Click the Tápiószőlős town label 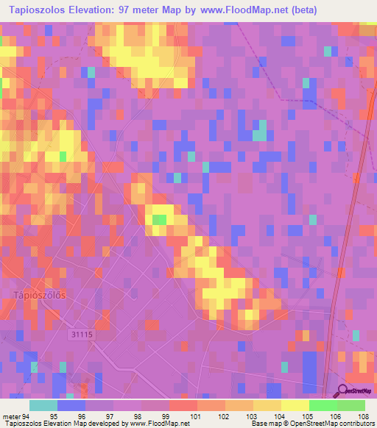(x=40, y=295)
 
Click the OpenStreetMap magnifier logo (x=342, y=392)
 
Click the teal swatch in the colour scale (x=43, y=405)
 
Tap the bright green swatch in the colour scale (x=323, y=405)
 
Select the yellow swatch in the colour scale (x=295, y=405)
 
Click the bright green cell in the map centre (x=158, y=219)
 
